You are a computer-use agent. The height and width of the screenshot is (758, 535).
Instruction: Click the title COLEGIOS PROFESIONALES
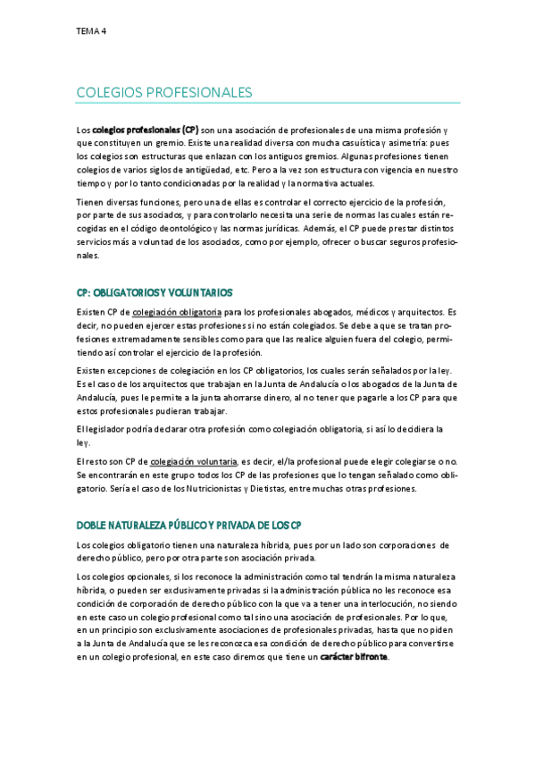click(x=164, y=92)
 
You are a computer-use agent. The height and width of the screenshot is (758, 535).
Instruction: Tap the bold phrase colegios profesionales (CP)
click(x=146, y=130)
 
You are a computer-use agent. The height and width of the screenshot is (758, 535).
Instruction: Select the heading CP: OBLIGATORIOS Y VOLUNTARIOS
click(x=155, y=292)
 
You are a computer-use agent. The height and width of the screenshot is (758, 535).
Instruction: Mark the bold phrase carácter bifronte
click(x=355, y=657)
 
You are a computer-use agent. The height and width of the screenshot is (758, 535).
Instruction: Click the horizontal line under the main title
click(x=268, y=103)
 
